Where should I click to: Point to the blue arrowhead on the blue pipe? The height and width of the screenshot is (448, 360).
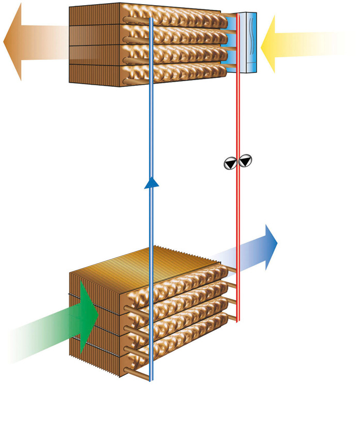pyautogui.click(x=151, y=182)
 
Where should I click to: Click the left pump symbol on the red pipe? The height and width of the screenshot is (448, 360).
pyautogui.click(x=229, y=163)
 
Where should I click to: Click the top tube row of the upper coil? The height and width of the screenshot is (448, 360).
pyautogui.click(x=176, y=16)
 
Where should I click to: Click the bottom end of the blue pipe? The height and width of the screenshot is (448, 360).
pyautogui.click(x=151, y=379)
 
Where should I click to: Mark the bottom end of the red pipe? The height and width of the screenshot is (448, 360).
pyautogui.click(x=238, y=320)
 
